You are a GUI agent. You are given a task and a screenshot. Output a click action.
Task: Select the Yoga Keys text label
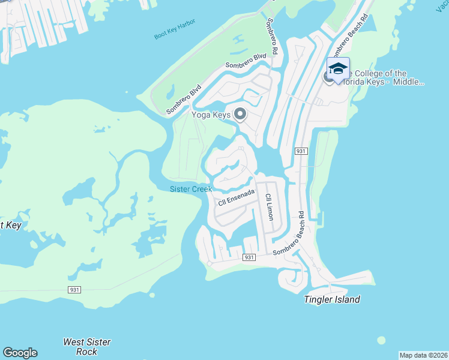point(211,114)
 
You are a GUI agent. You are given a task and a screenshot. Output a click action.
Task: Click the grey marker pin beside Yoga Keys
point(241,113)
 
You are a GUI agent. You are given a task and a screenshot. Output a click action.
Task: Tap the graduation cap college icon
point(338,69)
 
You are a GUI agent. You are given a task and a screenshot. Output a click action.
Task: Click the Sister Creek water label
point(190,189)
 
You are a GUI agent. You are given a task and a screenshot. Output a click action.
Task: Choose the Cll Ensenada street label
point(237,197)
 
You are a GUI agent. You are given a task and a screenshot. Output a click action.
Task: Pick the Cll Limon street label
point(269,207)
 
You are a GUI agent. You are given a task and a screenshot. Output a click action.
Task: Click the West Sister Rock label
point(87,347)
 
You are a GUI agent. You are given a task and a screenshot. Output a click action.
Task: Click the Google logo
point(20,353)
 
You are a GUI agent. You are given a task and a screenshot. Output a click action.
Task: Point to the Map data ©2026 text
point(423,355)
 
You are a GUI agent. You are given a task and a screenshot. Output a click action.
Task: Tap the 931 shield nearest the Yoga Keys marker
point(301,151)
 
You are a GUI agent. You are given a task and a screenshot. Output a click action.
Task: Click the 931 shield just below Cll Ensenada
point(250,257)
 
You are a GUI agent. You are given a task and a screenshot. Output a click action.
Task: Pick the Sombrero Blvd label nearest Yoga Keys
point(184,100)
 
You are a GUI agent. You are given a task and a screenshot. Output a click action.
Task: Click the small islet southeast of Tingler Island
point(381,340)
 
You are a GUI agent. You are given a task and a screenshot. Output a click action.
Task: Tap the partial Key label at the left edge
point(11,225)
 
